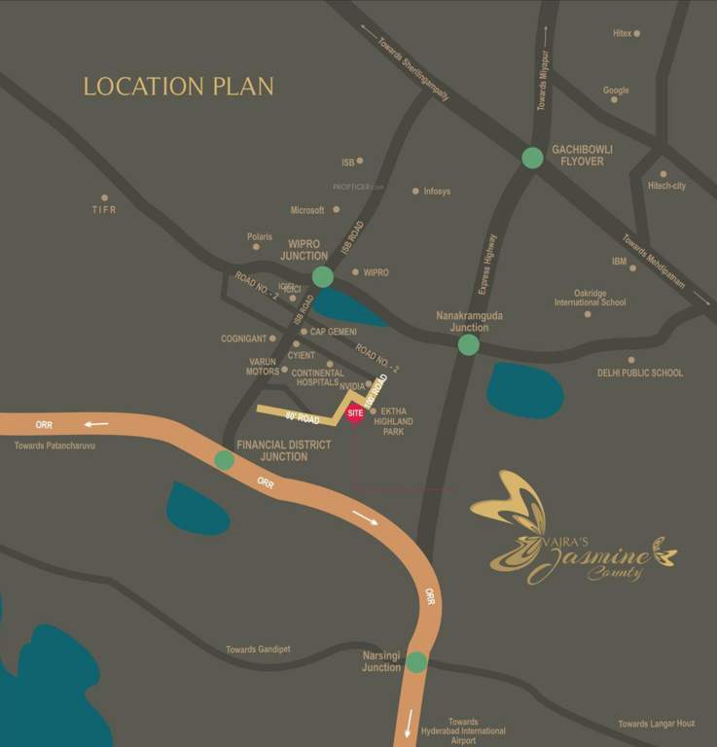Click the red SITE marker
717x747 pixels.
click(355, 413)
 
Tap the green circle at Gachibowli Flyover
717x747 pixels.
click(532, 157)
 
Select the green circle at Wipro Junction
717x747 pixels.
click(323, 277)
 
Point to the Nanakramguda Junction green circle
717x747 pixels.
click(469, 344)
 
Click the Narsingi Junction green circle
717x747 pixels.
click(416, 662)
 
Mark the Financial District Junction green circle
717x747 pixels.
click(224, 460)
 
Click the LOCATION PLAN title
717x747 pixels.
click(178, 87)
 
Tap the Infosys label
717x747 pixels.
click(437, 192)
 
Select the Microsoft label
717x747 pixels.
click(307, 210)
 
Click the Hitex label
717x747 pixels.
click(623, 33)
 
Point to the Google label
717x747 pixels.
click(616, 90)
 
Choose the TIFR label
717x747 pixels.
click(104, 209)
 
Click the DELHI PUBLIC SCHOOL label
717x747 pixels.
click(640, 373)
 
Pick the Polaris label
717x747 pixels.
click(260, 236)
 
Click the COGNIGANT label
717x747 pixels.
click(243, 338)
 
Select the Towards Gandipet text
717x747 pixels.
click(258, 650)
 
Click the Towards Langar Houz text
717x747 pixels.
click(657, 724)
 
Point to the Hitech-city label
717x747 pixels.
click(667, 186)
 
